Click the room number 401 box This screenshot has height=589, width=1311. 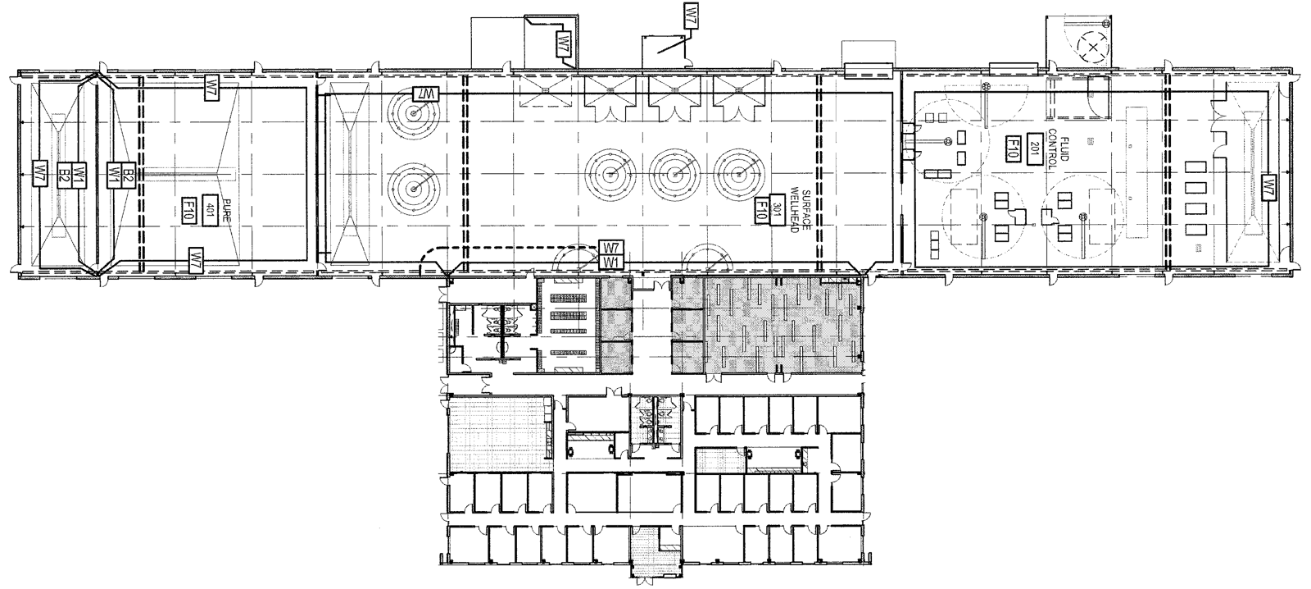(209, 208)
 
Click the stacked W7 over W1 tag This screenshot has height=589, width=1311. (610, 254)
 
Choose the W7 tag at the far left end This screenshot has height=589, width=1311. (39, 173)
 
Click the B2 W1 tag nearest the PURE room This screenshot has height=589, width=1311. (121, 173)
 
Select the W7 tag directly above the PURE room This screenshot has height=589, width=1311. (211, 86)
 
